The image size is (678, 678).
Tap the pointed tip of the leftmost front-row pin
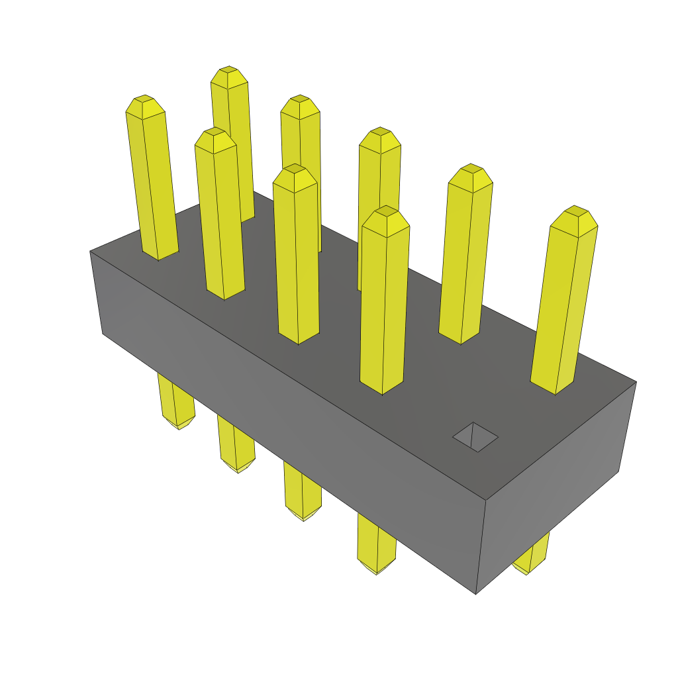[x=145, y=106]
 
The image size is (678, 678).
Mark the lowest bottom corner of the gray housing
[x=476, y=593]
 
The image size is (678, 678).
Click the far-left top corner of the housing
[x=91, y=252]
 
